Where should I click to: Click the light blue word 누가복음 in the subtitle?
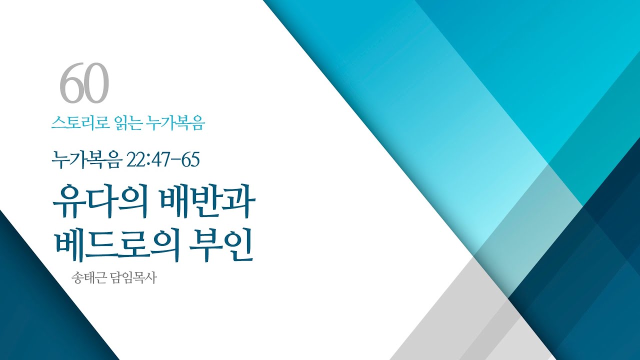pos(174,122)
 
